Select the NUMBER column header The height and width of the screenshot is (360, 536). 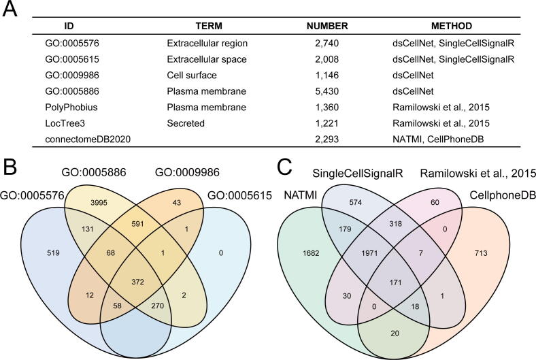pyautogui.click(x=327, y=26)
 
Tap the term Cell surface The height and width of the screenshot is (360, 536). pyautogui.click(x=192, y=74)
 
